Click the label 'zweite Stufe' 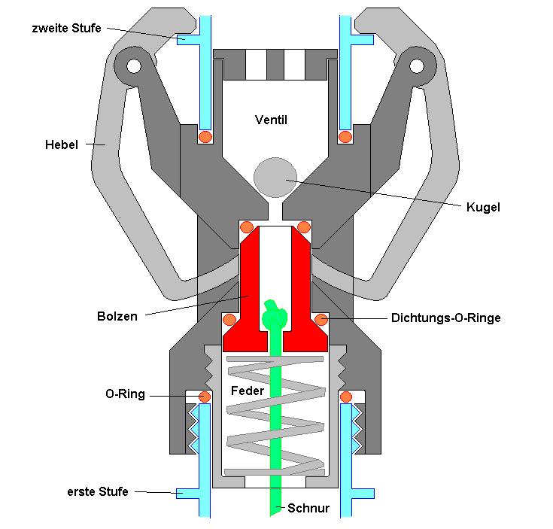66,28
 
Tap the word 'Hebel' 62,144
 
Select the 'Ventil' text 271,120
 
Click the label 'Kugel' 482,206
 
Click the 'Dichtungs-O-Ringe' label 445,318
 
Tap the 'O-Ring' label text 125,394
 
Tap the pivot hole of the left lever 133,66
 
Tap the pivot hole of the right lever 416,66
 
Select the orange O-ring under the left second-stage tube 205,136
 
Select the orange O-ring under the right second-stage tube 345,136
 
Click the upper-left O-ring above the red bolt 246,226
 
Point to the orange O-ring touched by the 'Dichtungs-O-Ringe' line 322,319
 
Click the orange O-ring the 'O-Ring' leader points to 203,396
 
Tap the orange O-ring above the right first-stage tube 347,396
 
